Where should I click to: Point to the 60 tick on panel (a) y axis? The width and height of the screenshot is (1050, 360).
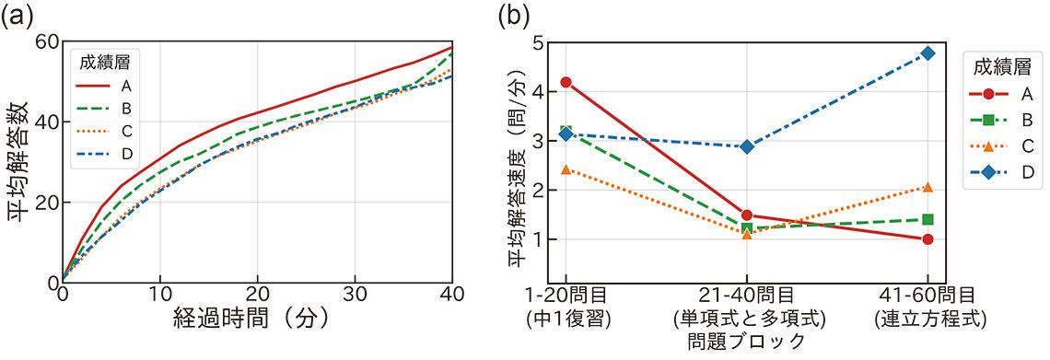(x=47, y=41)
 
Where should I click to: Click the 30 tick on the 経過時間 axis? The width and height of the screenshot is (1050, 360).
(x=354, y=293)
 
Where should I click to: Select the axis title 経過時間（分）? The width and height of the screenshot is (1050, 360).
(x=256, y=319)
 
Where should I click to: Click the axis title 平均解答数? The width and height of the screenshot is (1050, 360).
(x=17, y=161)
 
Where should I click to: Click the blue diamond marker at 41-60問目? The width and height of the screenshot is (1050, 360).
(x=927, y=53)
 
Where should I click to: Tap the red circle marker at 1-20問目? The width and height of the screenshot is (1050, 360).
(x=566, y=83)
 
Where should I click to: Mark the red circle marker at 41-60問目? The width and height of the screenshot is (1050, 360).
(x=927, y=239)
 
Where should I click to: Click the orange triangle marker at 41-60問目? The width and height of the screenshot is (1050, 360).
(x=927, y=187)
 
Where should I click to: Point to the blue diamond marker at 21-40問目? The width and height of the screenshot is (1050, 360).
(x=747, y=146)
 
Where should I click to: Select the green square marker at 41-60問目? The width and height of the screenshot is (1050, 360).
(x=927, y=219)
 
